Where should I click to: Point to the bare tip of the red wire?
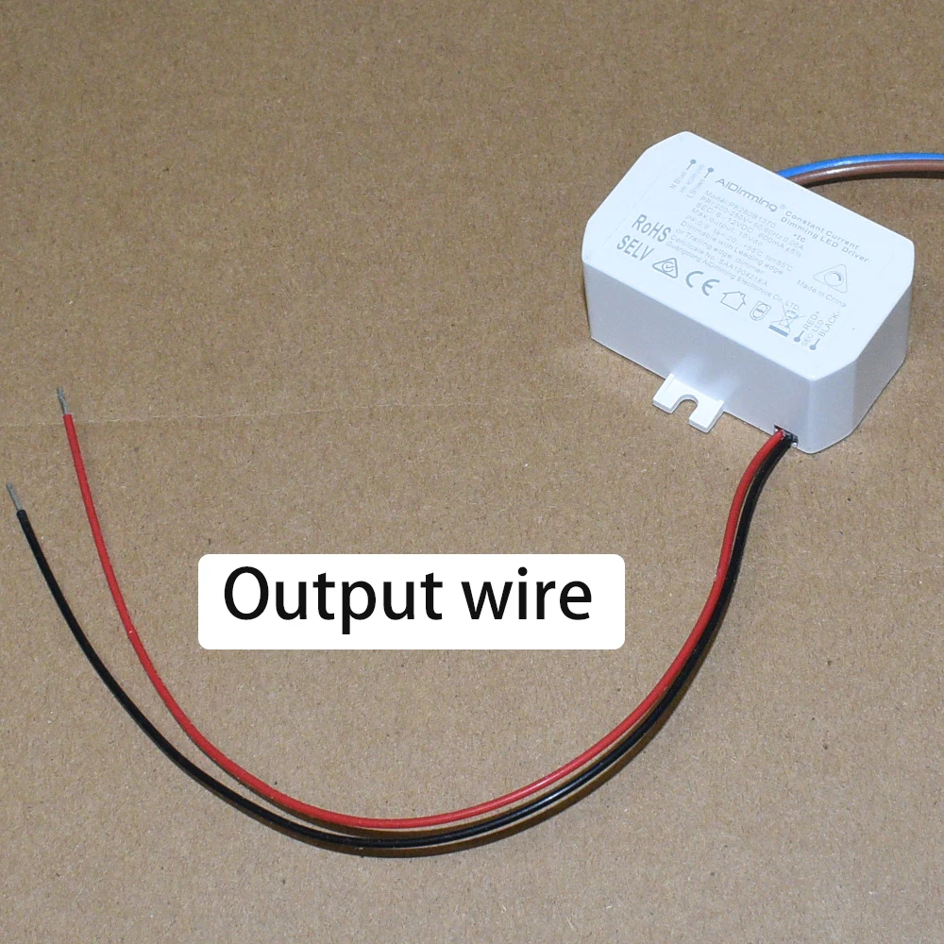coord(62,400)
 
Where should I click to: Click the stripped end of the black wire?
coord(14,496)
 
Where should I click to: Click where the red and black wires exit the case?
coord(782,438)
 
